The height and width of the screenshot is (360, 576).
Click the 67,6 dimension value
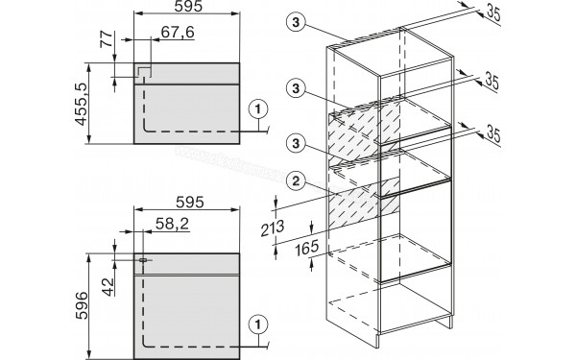tap(178, 32)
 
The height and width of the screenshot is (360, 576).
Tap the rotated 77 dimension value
tap(107, 39)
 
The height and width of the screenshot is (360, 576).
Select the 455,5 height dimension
tap(82, 105)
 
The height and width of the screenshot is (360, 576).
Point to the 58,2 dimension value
tap(172, 224)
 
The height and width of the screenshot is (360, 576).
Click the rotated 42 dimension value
tap(108, 286)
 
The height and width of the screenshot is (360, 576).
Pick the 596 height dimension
tap(82, 305)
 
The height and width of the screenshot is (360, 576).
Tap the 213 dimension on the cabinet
tap(273, 228)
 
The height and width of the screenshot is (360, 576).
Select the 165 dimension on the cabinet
tap(307, 248)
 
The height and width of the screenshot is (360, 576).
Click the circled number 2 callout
tap(297, 180)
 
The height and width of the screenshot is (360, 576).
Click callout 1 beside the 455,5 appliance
tap(258, 109)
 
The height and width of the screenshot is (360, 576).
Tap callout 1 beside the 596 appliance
tap(258, 324)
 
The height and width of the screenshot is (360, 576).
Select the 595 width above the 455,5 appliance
tap(188, 7)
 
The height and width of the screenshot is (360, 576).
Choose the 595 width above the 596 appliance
tap(189, 203)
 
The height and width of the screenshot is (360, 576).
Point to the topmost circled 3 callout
tap(296, 23)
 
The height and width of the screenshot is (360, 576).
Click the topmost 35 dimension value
tap(493, 14)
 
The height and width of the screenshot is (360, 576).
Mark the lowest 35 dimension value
tap(493, 134)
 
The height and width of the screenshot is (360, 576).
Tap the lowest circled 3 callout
tap(296, 144)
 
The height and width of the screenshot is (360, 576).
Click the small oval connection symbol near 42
tap(143, 260)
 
